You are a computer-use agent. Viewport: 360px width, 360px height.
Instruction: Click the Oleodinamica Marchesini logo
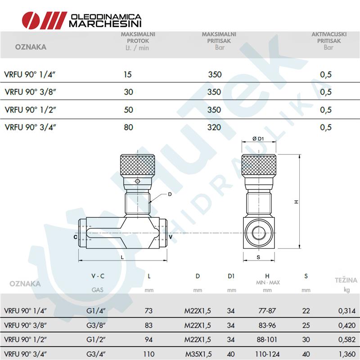(x=81, y=20)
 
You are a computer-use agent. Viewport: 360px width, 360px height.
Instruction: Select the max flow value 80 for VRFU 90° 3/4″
(x=129, y=127)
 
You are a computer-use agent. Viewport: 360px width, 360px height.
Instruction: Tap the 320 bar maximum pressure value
(x=214, y=127)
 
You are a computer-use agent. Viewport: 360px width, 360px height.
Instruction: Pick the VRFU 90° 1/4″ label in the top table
(x=30, y=75)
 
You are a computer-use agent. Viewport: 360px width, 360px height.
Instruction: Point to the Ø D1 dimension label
(x=258, y=139)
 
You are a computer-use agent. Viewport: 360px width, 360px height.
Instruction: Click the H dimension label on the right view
(x=297, y=202)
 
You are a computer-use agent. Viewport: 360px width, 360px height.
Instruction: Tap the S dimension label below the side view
(x=258, y=257)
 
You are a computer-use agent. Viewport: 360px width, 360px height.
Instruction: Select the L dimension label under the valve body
(x=122, y=257)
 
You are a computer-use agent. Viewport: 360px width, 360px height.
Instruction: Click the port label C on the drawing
(x=75, y=237)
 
